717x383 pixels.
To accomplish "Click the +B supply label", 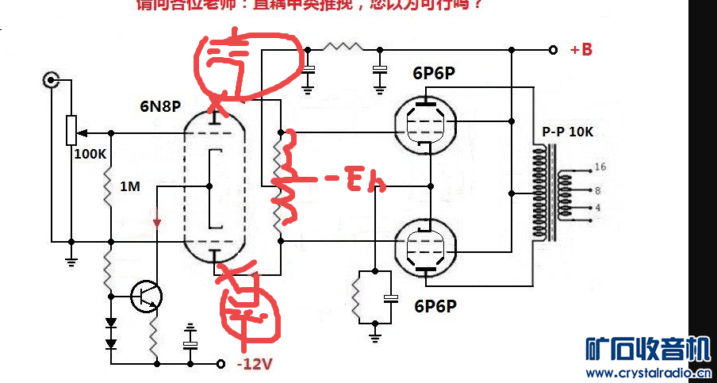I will [581, 50].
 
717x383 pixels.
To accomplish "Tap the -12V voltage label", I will [255, 365].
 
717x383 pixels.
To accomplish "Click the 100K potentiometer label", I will [90, 154].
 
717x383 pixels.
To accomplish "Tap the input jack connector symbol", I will [52, 79].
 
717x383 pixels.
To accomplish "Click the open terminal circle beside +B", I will [552, 50].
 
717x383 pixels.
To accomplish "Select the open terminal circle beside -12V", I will [221, 363].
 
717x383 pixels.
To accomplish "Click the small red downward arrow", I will [157, 221].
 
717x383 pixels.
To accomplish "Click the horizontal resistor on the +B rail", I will [342, 48].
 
